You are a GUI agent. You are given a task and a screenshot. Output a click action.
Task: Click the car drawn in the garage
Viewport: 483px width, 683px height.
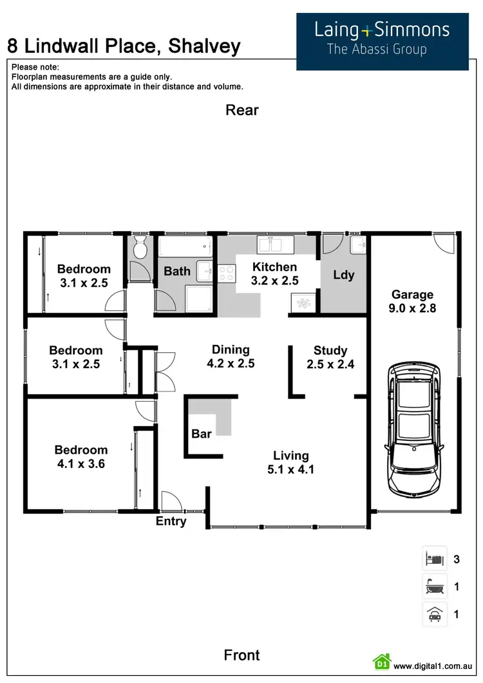click(x=413, y=431)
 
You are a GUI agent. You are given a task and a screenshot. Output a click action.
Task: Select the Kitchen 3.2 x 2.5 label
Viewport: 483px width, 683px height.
click(x=274, y=274)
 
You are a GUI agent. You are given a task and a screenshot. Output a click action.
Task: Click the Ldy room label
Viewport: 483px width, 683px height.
click(x=344, y=275)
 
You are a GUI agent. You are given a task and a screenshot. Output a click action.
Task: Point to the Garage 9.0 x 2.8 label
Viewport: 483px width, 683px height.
click(x=412, y=301)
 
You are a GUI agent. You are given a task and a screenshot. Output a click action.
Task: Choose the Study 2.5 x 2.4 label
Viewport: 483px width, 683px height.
click(x=330, y=357)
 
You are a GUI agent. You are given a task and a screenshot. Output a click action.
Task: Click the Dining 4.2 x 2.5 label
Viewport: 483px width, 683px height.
click(x=231, y=356)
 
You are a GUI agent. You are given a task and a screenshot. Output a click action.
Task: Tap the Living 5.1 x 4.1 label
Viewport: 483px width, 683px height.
click(x=290, y=462)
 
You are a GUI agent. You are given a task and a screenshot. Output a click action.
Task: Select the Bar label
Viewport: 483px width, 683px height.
click(x=202, y=434)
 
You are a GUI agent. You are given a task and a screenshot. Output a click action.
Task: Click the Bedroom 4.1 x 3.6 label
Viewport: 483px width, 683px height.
click(x=80, y=456)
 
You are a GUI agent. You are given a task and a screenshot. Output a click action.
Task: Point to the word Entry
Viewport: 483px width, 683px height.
click(x=171, y=521)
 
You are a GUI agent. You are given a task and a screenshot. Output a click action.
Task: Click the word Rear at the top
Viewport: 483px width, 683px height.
click(x=241, y=110)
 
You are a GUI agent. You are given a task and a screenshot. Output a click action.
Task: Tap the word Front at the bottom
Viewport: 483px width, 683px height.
click(x=241, y=655)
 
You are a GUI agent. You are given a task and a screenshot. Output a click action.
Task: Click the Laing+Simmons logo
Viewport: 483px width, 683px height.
click(x=382, y=39)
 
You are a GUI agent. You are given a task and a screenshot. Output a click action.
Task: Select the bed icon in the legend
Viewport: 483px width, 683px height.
click(x=434, y=558)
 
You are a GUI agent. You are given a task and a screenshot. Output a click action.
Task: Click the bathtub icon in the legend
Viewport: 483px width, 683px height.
click(x=434, y=586)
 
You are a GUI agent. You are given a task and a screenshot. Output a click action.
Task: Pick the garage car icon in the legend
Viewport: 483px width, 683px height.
click(x=434, y=615)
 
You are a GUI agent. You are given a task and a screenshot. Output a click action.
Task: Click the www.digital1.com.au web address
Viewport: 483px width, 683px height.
click(x=433, y=666)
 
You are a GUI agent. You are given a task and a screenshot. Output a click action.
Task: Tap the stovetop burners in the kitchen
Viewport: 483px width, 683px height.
click(x=226, y=274)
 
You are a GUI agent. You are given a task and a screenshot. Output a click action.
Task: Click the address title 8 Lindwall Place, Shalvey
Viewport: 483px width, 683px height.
click(x=124, y=46)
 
